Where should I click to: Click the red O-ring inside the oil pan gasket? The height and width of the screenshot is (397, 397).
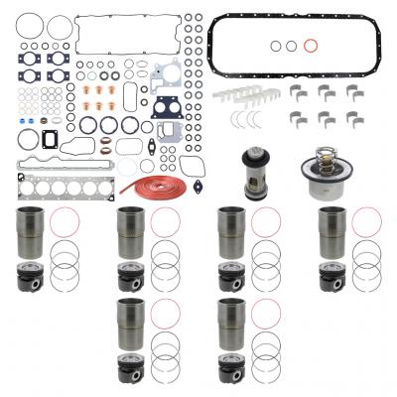tap(310, 45)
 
